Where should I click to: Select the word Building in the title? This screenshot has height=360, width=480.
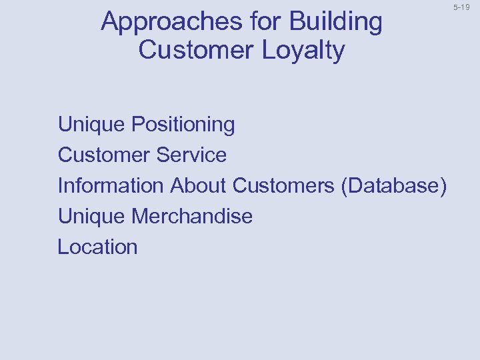[x=336, y=23]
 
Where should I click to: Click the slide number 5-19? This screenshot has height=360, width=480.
[x=461, y=7]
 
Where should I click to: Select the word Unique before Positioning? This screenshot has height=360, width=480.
[x=92, y=125]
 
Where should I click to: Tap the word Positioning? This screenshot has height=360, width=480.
[x=183, y=125]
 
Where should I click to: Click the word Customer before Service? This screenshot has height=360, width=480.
[x=104, y=155]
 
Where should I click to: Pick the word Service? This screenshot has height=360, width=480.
[x=191, y=155]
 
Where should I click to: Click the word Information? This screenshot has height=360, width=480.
[x=111, y=185]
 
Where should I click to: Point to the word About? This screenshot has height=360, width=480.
[x=199, y=185]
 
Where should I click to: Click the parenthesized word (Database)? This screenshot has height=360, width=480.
[x=393, y=185]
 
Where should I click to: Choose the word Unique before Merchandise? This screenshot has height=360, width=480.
[x=92, y=216]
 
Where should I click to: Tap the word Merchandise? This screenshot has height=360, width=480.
[x=192, y=216]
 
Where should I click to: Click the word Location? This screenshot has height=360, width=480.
[x=97, y=247]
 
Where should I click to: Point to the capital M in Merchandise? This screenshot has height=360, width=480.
[x=141, y=216]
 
